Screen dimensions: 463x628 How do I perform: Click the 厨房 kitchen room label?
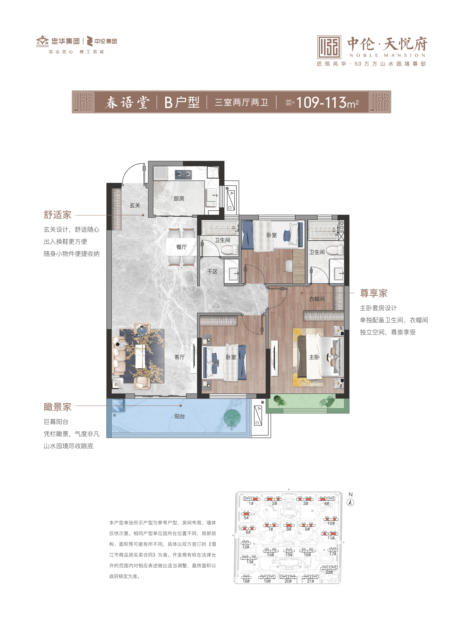pyautogui.click(x=179, y=199)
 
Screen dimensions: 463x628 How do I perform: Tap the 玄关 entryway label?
pyautogui.click(x=135, y=205)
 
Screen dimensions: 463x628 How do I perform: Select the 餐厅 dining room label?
pyautogui.click(x=181, y=247)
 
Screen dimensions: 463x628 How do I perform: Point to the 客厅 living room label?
pyautogui.click(x=179, y=357)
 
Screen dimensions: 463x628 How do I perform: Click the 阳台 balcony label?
pyautogui.click(x=179, y=416)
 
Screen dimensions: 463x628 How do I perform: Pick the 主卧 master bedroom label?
pyautogui.click(x=314, y=357)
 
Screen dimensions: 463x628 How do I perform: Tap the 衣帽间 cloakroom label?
pyautogui.click(x=317, y=299)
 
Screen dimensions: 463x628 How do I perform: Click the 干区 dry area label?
pyautogui.click(x=212, y=271)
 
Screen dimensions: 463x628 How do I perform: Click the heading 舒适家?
pyautogui.click(x=58, y=215)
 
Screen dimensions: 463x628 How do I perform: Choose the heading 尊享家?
pyautogui.click(x=374, y=293)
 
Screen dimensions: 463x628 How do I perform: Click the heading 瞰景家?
pyautogui.click(x=58, y=407)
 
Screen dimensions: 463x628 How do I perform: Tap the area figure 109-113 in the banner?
pyautogui.click(x=322, y=102)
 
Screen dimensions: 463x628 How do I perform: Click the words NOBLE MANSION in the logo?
pyautogui.click(x=388, y=55)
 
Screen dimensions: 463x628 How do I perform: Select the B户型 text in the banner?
pyautogui.click(x=182, y=102)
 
